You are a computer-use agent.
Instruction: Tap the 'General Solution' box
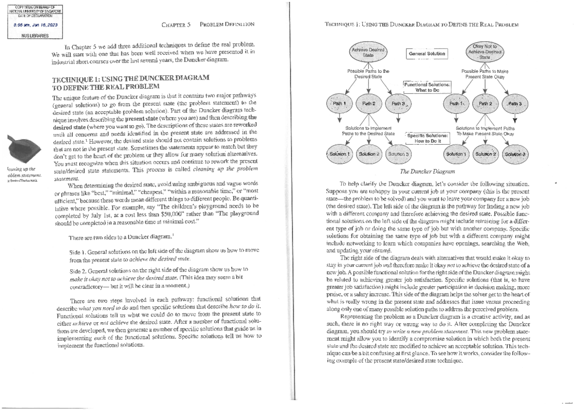[x=426, y=53]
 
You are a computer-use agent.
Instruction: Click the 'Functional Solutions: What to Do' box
[x=426, y=87]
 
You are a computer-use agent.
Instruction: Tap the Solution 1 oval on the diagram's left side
[x=338, y=154]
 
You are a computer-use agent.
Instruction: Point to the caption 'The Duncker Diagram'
[x=427, y=171]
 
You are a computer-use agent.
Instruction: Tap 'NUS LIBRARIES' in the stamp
[x=31, y=35]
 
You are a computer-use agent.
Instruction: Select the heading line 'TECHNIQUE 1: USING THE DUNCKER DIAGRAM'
[x=133, y=78]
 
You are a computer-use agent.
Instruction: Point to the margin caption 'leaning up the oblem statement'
[x=23, y=172]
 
